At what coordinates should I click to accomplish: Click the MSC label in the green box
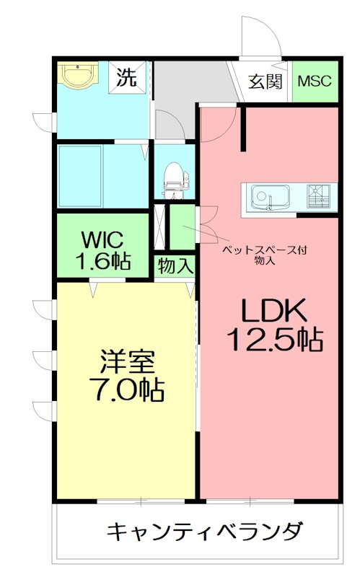[x=315, y=81]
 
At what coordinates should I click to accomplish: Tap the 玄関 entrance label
[x=265, y=81]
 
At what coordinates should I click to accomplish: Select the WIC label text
[x=102, y=237]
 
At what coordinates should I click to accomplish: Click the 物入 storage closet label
[x=175, y=266]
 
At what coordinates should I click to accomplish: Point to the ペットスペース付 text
[x=264, y=250]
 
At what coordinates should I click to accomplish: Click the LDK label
[x=274, y=311]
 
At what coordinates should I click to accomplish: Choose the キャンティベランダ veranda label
[x=204, y=532]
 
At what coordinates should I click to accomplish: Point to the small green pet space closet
[x=182, y=225]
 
